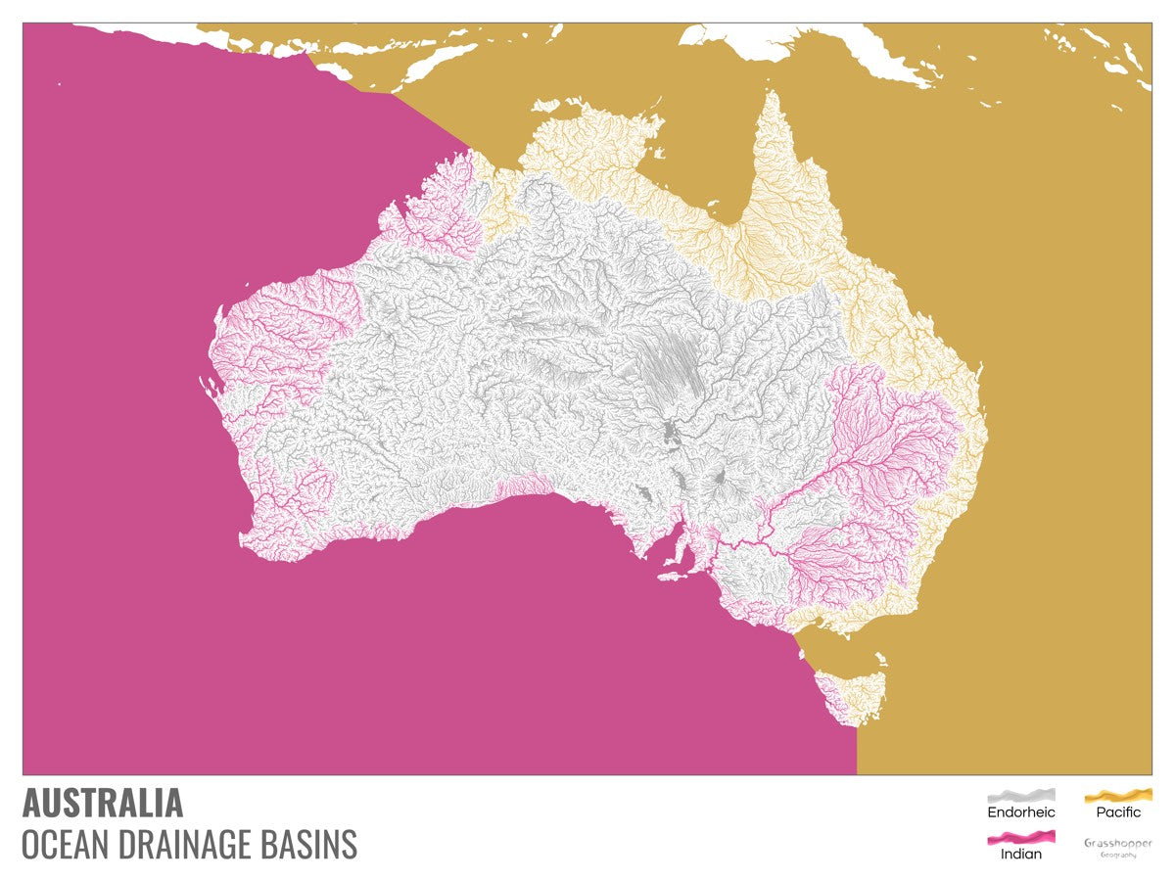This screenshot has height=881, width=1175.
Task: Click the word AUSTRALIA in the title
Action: click(x=103, y=803)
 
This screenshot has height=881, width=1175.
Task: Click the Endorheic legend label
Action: click(x=1020, y=812)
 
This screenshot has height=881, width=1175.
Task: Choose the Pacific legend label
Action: click(x=1118, y=812)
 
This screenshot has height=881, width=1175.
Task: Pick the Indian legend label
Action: click(x=1020, y=854)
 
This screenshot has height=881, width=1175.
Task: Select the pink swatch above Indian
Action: click(x=1020, y=837)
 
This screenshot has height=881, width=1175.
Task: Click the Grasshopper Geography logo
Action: click(x=1118, y=848)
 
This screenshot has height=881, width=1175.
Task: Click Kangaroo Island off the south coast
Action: click(x=673, y=576)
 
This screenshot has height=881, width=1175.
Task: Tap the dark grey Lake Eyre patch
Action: click(x=674, y=431)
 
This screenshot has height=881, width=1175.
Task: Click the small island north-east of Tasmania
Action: click(x=881, y=659)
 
